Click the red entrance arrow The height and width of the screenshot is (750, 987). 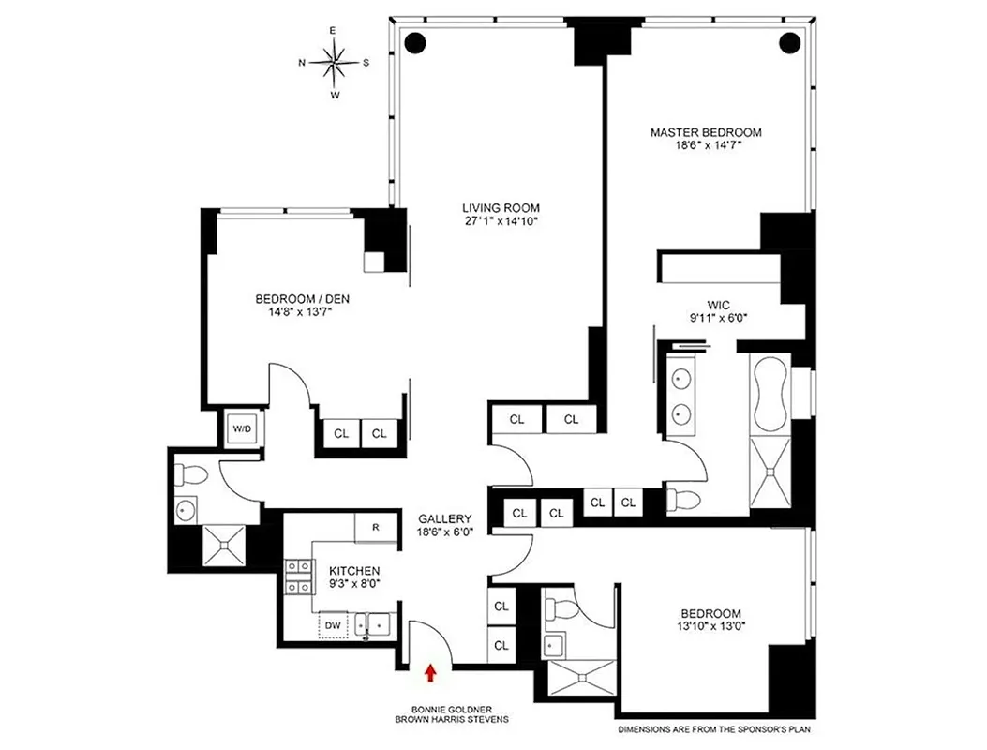coord(430,671)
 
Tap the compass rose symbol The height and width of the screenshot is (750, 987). coord(335,63)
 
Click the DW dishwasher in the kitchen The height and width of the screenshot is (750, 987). coord(333,624)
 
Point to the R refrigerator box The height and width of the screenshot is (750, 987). coord(376,527)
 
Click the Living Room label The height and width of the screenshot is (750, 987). coord(501,208)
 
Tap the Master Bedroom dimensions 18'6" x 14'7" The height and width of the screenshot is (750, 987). coord(706,146)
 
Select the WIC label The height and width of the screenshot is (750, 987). coord(719,304)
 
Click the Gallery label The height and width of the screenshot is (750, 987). coord(444,518)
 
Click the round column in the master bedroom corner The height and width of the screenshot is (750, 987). coord(789,41)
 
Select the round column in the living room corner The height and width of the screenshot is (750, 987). coord(413,41)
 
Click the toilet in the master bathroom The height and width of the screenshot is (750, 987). coord(682,501)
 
